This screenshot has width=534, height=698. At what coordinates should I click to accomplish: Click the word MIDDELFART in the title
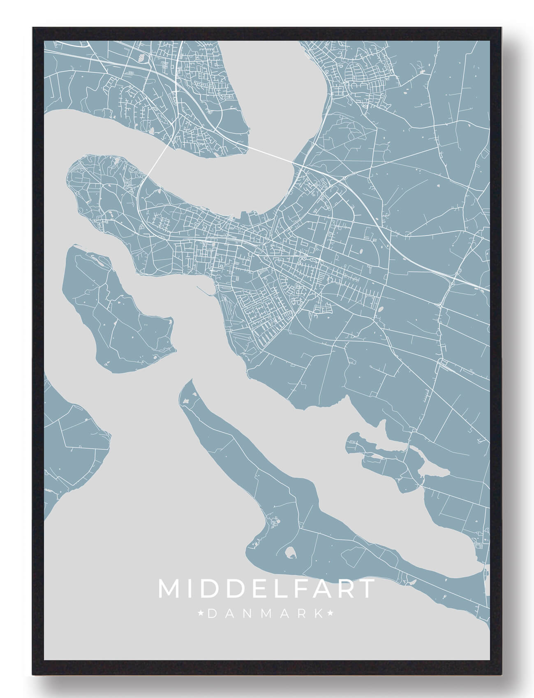(x=266, y=589)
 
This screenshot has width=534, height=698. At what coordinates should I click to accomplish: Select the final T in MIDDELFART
(x=367, y=589)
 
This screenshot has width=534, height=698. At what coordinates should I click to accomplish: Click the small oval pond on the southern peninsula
(x=290, y=552)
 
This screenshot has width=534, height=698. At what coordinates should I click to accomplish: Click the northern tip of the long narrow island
(x=190, y=382)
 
